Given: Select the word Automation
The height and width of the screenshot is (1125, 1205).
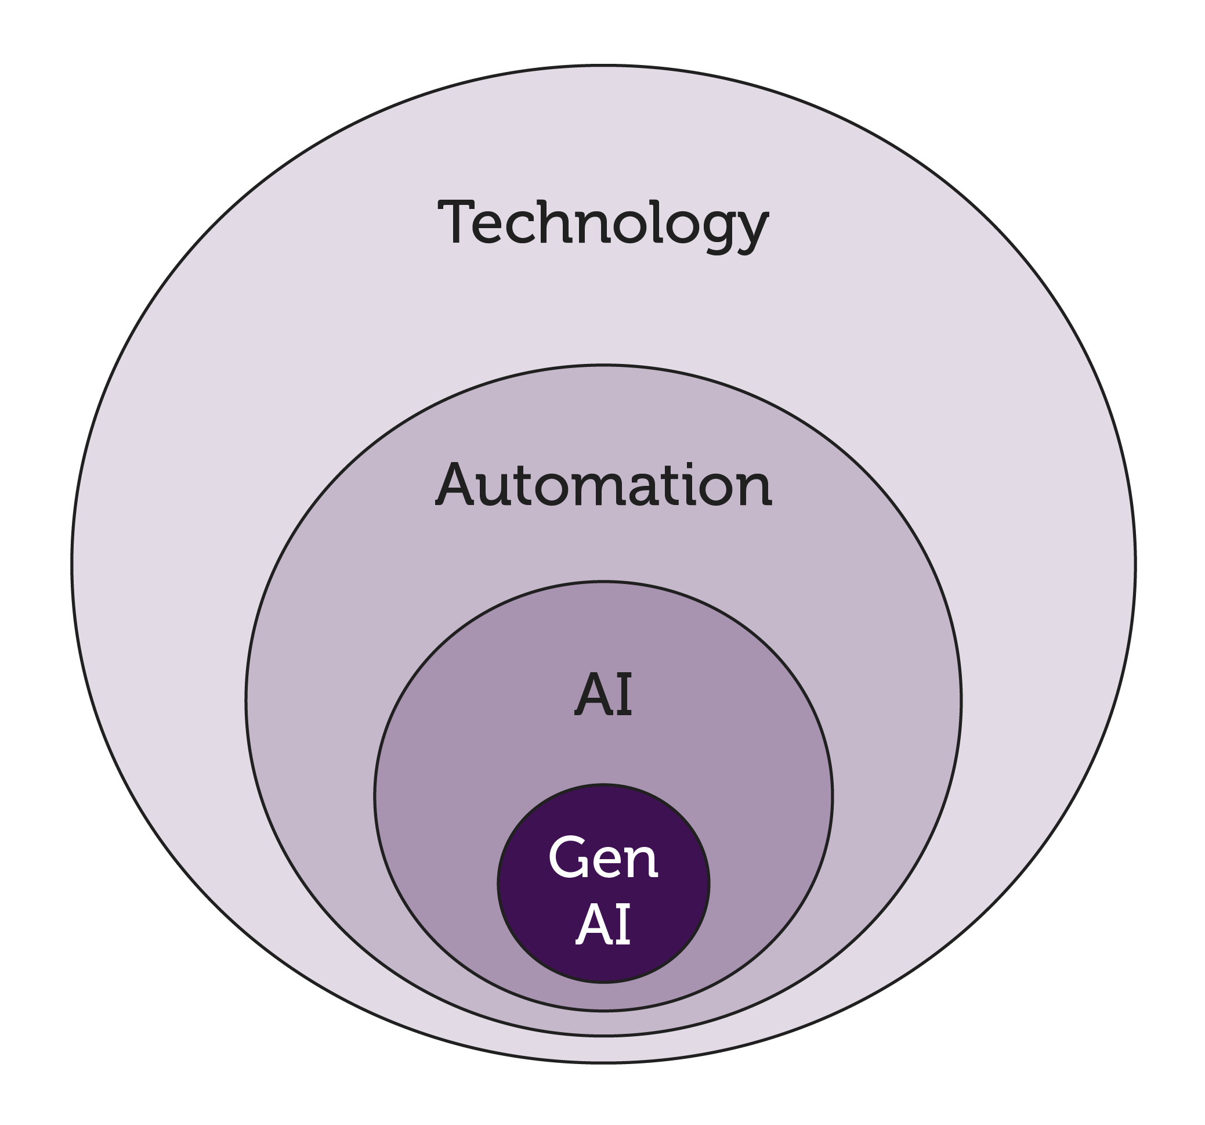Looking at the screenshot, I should point(603,486).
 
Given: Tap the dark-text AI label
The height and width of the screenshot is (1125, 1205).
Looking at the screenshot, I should point(603,695).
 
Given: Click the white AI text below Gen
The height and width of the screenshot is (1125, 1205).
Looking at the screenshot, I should point(603,924).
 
